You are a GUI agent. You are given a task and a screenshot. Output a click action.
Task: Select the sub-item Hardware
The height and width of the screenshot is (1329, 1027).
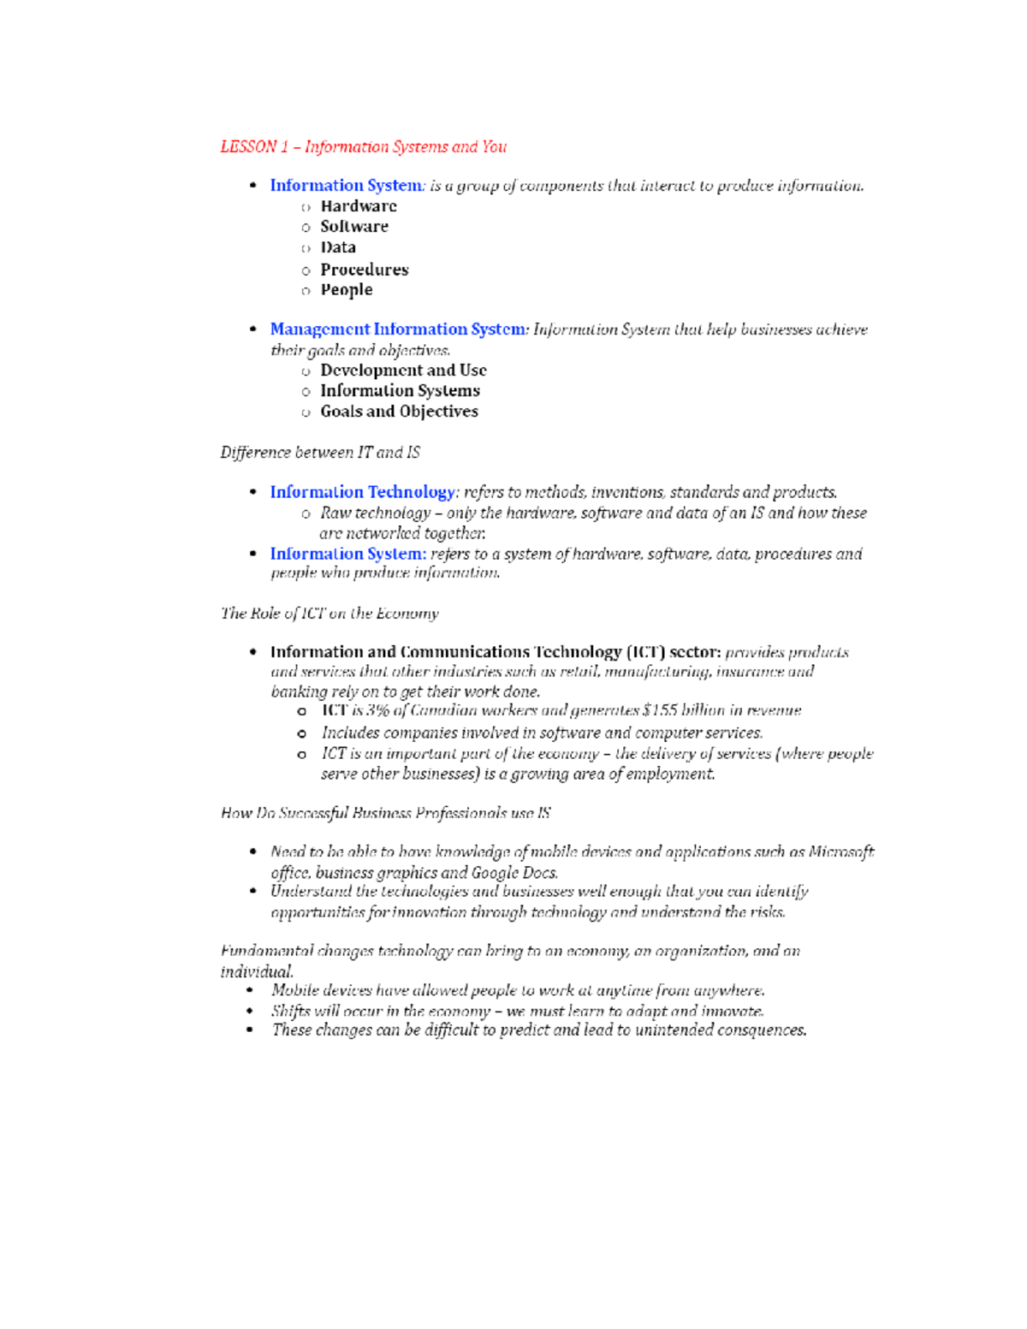coord(359,206)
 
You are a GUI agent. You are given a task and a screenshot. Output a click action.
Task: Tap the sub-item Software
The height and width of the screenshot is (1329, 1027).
coord(354,227)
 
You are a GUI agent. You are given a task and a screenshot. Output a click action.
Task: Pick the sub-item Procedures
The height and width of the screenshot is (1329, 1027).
coord(365,270)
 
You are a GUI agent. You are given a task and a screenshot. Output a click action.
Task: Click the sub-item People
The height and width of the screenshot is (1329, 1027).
coord(347,290)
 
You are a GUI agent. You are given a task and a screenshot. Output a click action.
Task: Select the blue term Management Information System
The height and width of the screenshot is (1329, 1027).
coord(398,329)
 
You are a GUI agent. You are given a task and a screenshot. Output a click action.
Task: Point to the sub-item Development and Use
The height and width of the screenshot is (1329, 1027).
coord(403,371)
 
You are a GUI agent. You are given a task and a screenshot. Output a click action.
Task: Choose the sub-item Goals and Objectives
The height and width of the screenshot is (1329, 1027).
coord(399,412)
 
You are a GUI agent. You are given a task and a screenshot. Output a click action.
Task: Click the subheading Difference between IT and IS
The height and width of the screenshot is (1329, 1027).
coord(320,452)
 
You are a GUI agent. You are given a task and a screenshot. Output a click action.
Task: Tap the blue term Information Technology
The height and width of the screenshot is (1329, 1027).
coord(363,492)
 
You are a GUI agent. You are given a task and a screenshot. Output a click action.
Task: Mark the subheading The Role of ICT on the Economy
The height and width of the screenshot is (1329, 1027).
coord(329,613)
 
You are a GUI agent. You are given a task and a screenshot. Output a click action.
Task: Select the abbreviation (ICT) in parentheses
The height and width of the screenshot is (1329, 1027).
coord(645,652)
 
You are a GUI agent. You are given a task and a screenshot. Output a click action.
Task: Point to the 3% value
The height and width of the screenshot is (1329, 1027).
coord(378,710)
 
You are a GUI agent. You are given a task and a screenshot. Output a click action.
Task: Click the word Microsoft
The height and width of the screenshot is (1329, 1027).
coord(841,851)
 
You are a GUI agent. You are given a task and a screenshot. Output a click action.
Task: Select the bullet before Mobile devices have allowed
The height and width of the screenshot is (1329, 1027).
coord(250,990)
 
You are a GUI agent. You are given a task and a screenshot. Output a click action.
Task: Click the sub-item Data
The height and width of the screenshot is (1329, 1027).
coord(338,247)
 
